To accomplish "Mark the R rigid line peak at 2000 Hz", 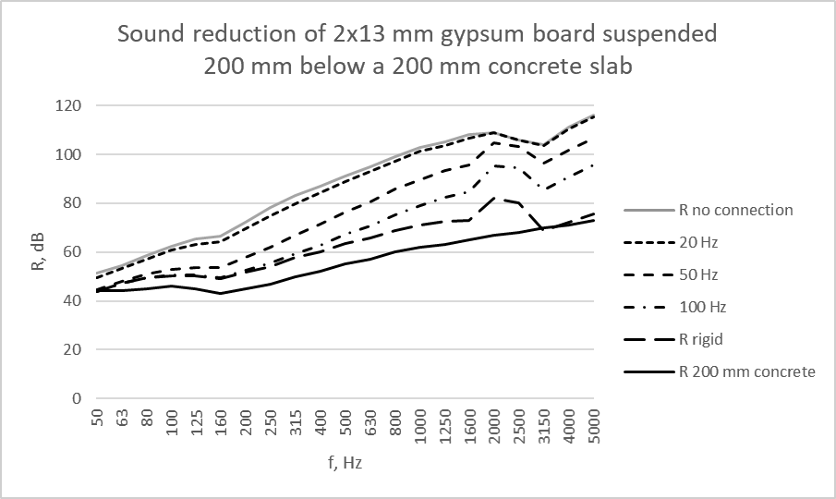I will tap(494, 198).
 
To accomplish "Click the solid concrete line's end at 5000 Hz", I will tap(593, 220).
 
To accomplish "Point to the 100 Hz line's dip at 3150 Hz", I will tap(544, 189).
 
